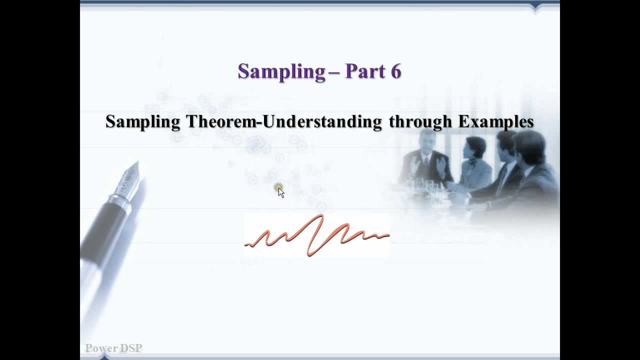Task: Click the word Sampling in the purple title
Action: click(281, 71)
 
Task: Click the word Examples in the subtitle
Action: click(495, 121)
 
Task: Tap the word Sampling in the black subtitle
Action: click(143, 121)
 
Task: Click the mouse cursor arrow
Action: click(281, 192)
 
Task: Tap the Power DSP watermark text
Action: click(113, 348)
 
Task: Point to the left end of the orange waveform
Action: click(246, 244)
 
